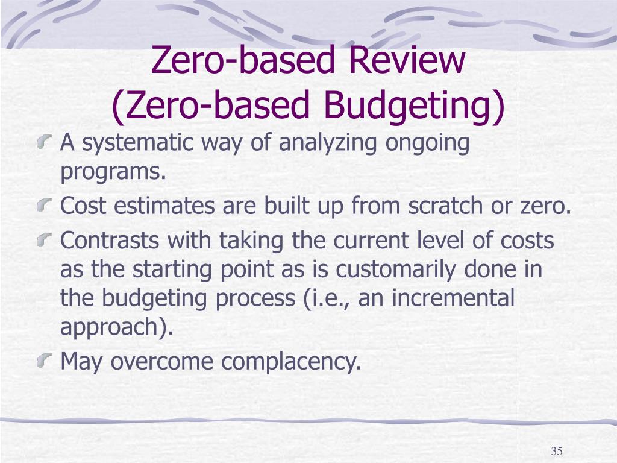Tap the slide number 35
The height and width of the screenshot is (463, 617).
556,452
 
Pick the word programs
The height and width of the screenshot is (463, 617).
112,173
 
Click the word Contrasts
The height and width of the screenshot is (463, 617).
110,240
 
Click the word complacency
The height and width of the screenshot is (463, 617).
290,362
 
